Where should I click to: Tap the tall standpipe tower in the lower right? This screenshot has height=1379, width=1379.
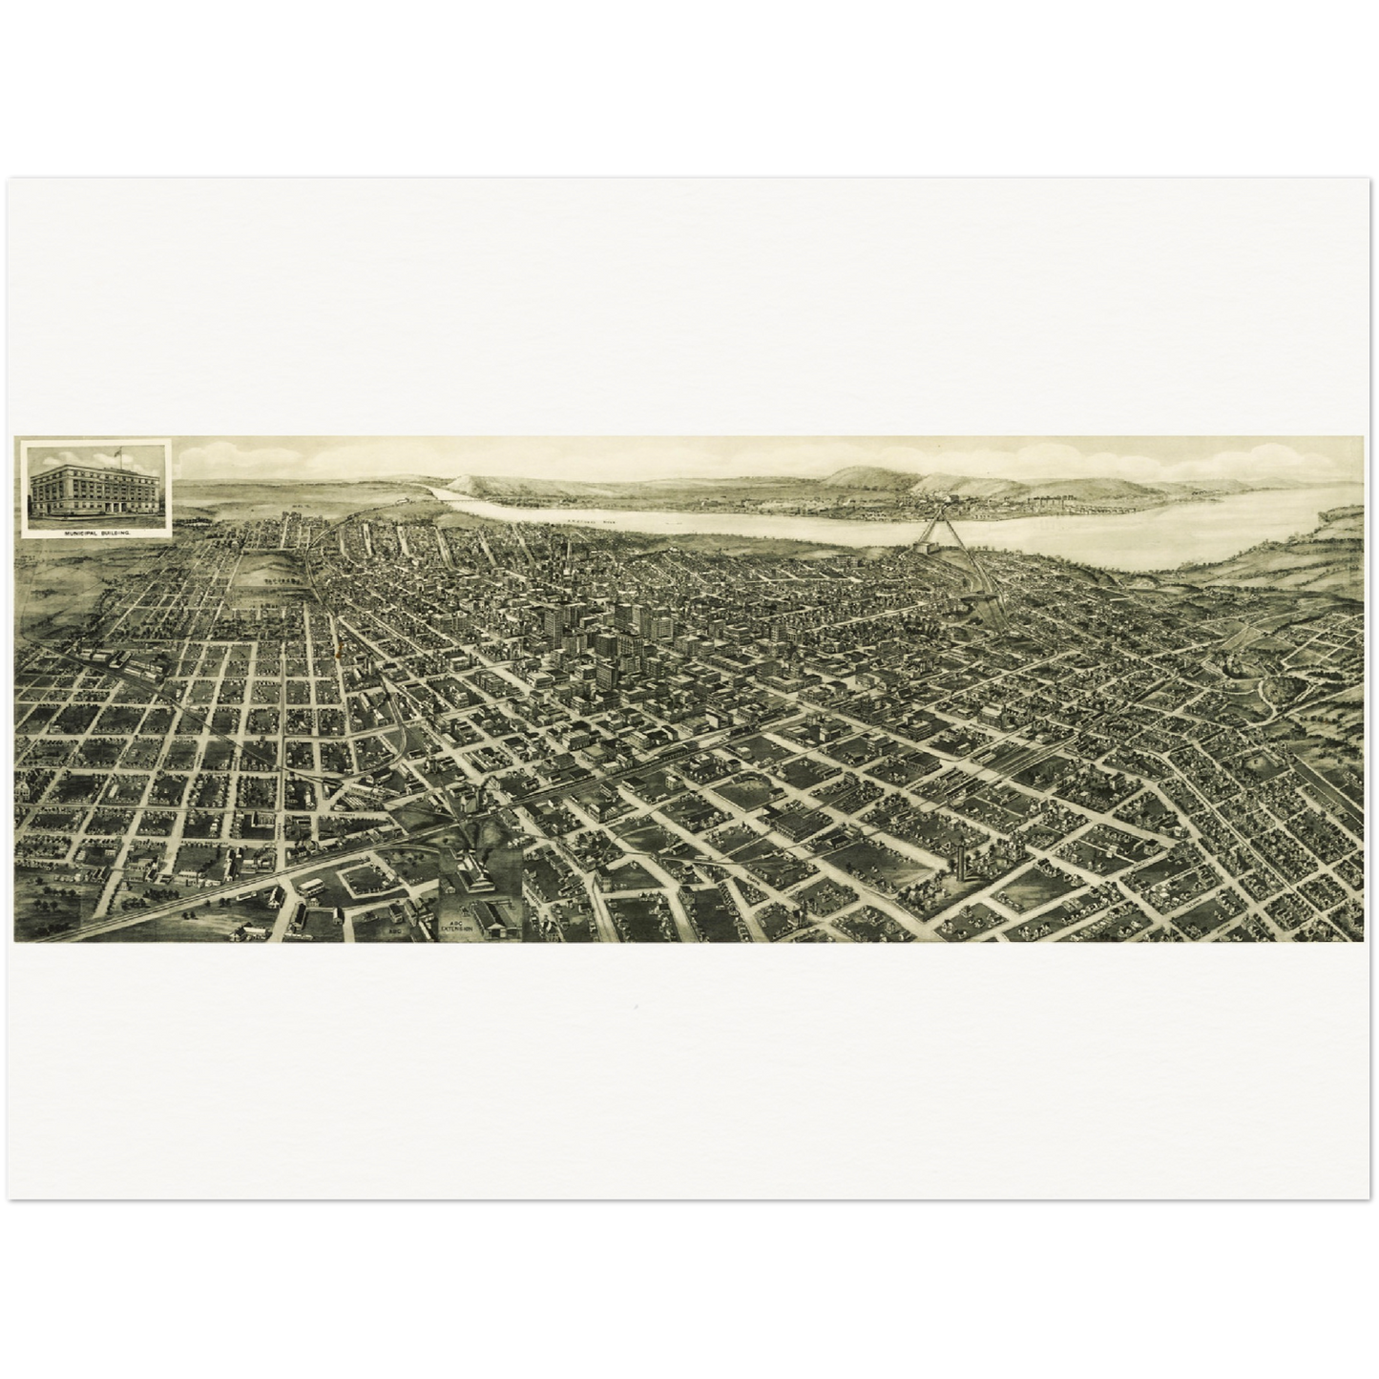962,864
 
